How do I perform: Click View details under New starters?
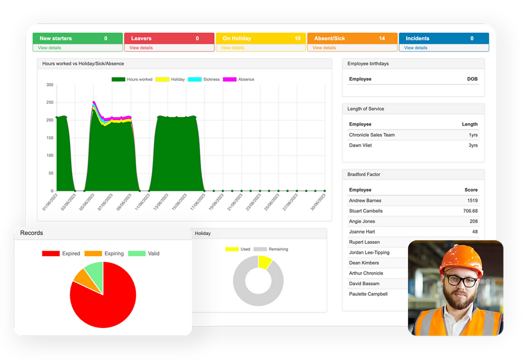point(50,48)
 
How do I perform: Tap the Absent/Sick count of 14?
point(382,38)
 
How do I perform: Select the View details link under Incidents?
point(415,48)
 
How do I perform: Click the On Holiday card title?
point(236,38)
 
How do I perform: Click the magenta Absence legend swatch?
point(229,79)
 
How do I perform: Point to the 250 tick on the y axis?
point(50,102)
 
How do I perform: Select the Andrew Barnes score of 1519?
point(470,201)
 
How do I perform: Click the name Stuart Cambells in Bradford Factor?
point(366,211)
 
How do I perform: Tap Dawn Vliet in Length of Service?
point(360,146)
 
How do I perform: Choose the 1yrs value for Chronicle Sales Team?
point(471,135)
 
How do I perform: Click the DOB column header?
point(472,79)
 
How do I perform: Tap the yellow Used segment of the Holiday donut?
point(264,262)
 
